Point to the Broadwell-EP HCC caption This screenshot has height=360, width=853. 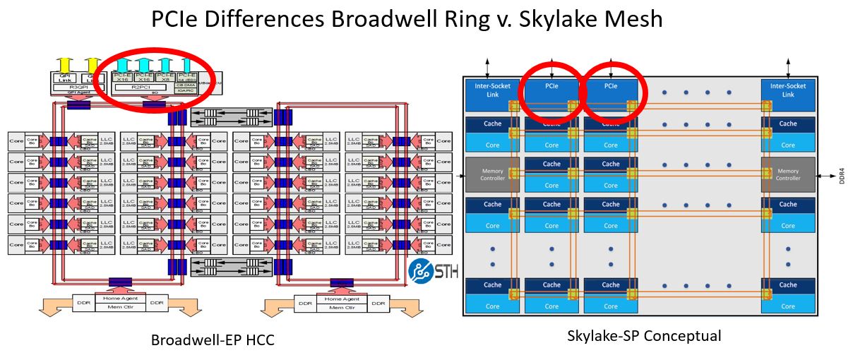(x=212, y=340)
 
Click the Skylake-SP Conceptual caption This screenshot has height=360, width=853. (x=644, y=336)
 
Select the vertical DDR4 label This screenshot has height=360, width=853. (x=841, y=174)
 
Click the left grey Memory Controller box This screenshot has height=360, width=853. (x=492, y=174)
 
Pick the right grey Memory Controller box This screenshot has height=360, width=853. (x=788, y=174)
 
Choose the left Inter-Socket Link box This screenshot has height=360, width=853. (x=492, y=90)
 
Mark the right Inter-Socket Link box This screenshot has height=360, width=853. (x=788, y=90)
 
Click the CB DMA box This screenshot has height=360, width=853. (x=187, y=85)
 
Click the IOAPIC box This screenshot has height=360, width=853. (x=187, y=91)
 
